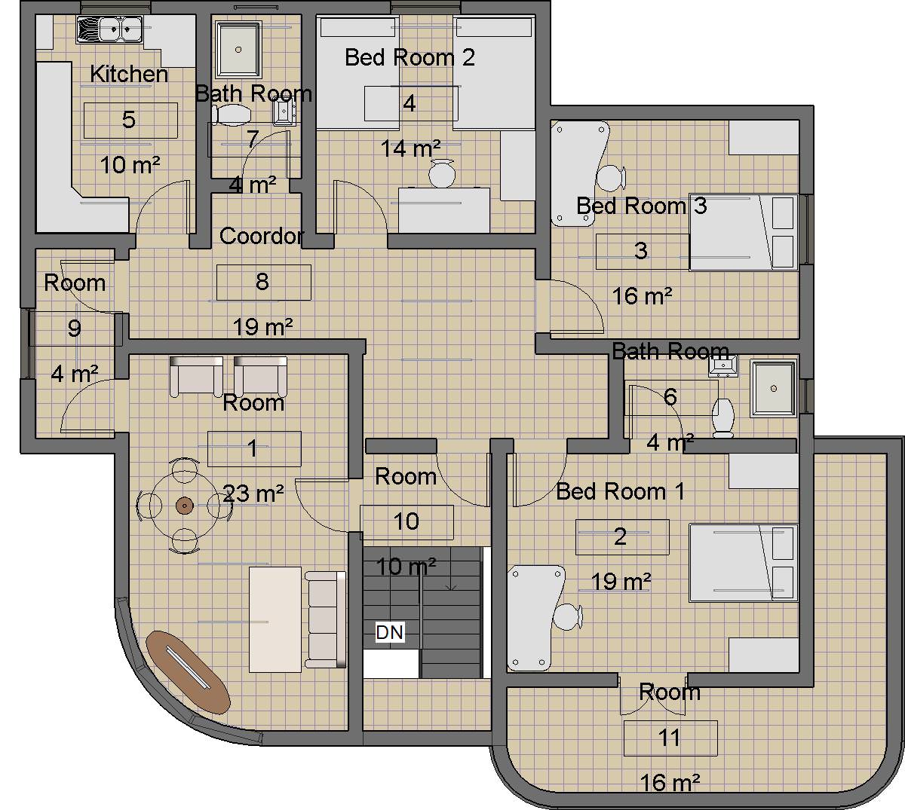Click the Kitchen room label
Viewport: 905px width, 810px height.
[129, 74]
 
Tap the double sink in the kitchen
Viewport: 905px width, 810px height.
[109, 31]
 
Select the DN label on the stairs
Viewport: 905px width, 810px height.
[390, 632]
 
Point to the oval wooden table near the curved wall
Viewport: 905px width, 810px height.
[187, 672]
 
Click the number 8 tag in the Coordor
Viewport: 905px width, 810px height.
[262, 282]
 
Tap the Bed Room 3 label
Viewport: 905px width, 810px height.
[641, 206]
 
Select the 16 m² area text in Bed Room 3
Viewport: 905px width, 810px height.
[642, 296]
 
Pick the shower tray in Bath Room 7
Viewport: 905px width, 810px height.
[238, 49]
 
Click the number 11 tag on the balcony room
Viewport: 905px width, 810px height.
[670, 738]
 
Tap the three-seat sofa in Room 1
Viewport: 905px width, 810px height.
[325, 619]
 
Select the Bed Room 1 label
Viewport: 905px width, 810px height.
[620, 491]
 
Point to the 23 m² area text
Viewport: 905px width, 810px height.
[254, 494]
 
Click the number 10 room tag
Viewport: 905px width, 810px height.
[406, 521]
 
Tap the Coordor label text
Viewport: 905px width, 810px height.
[261, 236]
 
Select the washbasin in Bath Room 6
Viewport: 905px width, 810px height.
[722, 367]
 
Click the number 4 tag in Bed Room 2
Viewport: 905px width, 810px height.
[410, 103]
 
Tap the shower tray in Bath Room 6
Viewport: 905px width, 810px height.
[773, 388]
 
